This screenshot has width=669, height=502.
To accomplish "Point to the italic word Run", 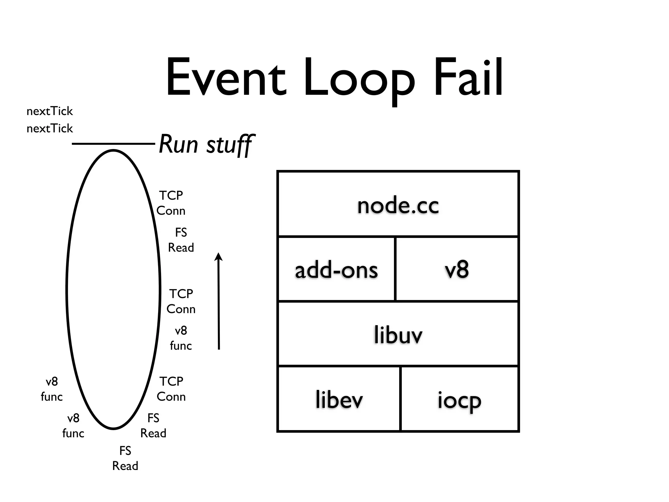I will click(x=178, y=144).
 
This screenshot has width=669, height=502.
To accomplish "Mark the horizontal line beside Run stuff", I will click(x=113, y=143).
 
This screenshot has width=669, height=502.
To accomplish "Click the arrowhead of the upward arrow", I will click(x=219, y=257).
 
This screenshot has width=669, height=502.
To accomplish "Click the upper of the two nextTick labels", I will click(x=50, y=111).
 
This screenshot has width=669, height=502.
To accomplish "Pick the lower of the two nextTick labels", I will click(x=50, y=128).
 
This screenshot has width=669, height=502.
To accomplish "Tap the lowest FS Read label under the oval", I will click(x=125, y=458).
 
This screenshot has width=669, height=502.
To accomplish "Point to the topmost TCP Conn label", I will click(x=171, y=203).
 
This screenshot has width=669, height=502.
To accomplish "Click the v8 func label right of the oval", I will click(x=181, y=338).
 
